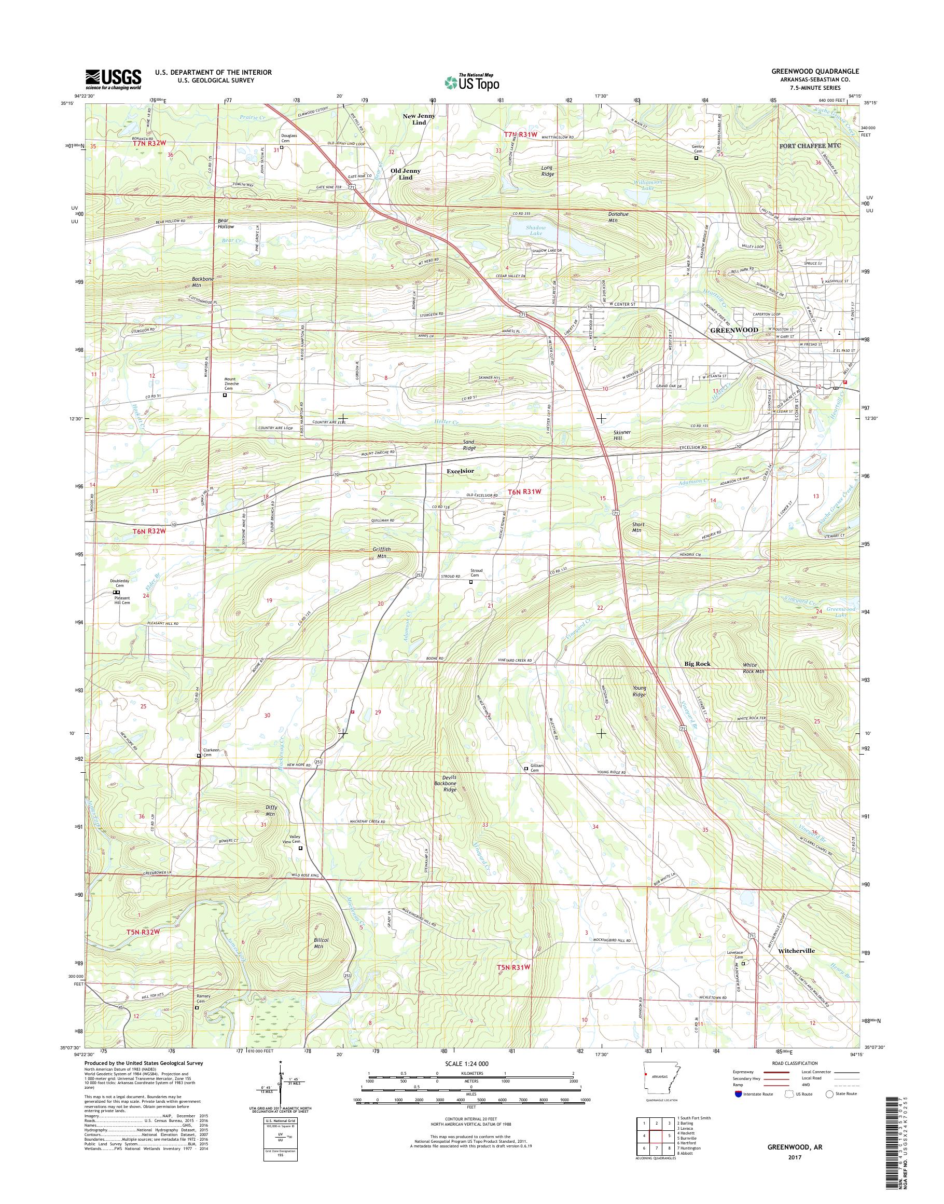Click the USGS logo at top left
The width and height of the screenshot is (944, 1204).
[113, 79]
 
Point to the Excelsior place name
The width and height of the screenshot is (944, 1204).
[460, 471]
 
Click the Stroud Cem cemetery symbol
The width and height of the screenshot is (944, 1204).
[471, 581]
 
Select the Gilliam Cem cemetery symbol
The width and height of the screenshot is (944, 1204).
[525, 768]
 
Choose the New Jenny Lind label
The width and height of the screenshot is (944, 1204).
[419, 119]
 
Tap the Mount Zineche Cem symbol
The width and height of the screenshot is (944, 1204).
[225, 395]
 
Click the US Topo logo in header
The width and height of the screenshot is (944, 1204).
[471, 82]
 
